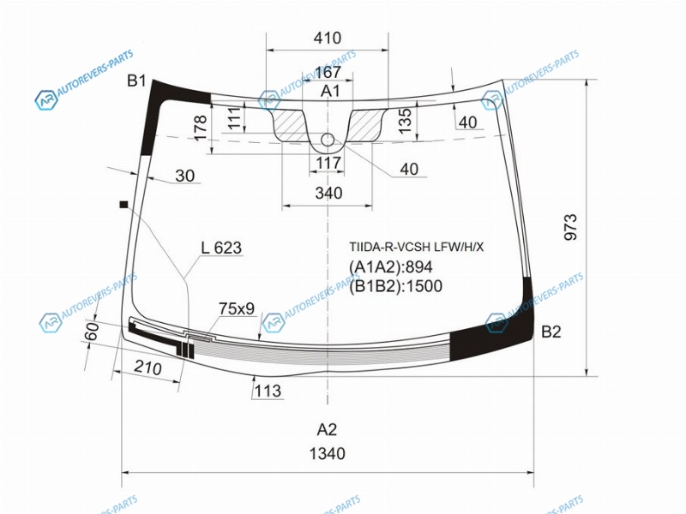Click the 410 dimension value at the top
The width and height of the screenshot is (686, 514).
[328, 38]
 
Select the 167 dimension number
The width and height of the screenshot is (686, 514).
[328, 72]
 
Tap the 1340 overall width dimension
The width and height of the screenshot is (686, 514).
[328, 454]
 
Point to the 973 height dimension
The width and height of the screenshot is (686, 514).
[570, 227]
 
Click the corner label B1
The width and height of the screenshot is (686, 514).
[136, 81]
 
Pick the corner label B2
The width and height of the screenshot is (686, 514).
[551, 332]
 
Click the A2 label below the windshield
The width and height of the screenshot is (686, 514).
[328, 430]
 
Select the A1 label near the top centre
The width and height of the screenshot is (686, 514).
[330, 91]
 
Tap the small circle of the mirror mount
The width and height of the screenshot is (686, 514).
[328, 140]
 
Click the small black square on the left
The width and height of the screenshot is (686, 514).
[123, 204]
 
